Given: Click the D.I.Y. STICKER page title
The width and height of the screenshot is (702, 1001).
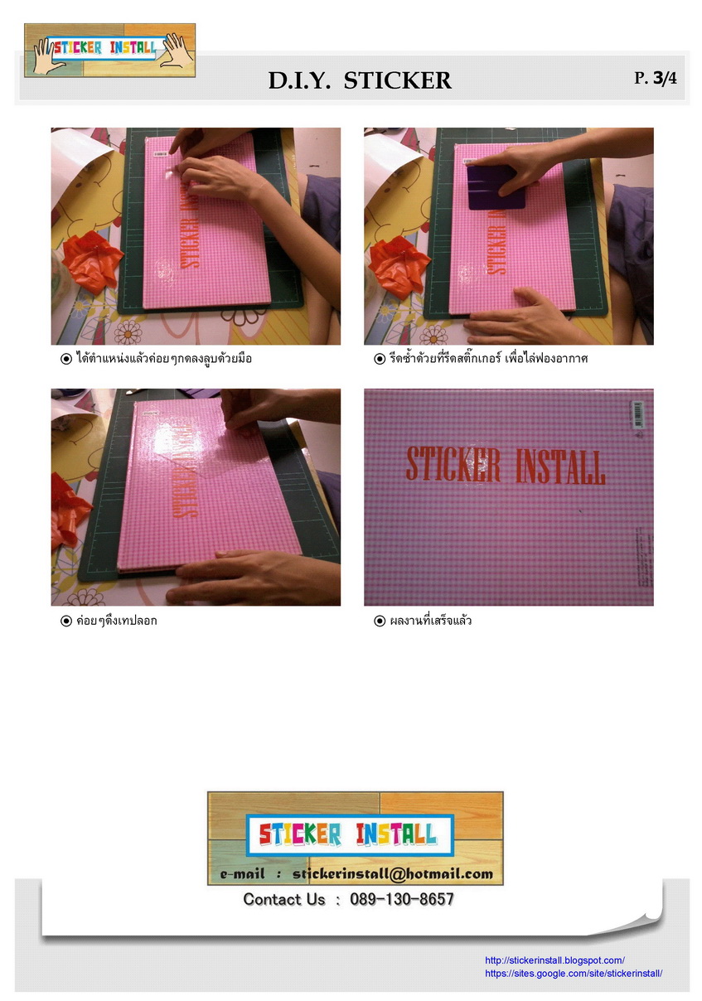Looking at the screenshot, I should (x=360, y=80).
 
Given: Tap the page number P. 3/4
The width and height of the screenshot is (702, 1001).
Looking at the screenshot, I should (x=655, y=79).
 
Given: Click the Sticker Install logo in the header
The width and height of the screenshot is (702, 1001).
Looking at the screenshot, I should (x=109, y=50).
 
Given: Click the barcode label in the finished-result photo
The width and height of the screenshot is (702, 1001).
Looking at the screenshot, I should (x=637, y=413).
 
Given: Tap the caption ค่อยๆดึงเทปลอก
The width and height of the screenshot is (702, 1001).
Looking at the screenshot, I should (x=115, y=620).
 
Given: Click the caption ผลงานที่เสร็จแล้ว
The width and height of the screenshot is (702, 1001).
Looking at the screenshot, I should (x=430, y=620).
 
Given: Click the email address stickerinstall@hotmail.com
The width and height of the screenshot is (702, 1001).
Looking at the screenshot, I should (x=392, y=873).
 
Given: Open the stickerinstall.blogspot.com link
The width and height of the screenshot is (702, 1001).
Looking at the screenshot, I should (x=554, y=960).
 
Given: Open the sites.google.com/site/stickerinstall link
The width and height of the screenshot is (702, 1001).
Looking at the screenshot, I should (x=573, y=974).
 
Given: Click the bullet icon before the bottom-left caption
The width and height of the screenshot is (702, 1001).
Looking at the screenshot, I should (x=66, y=621).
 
